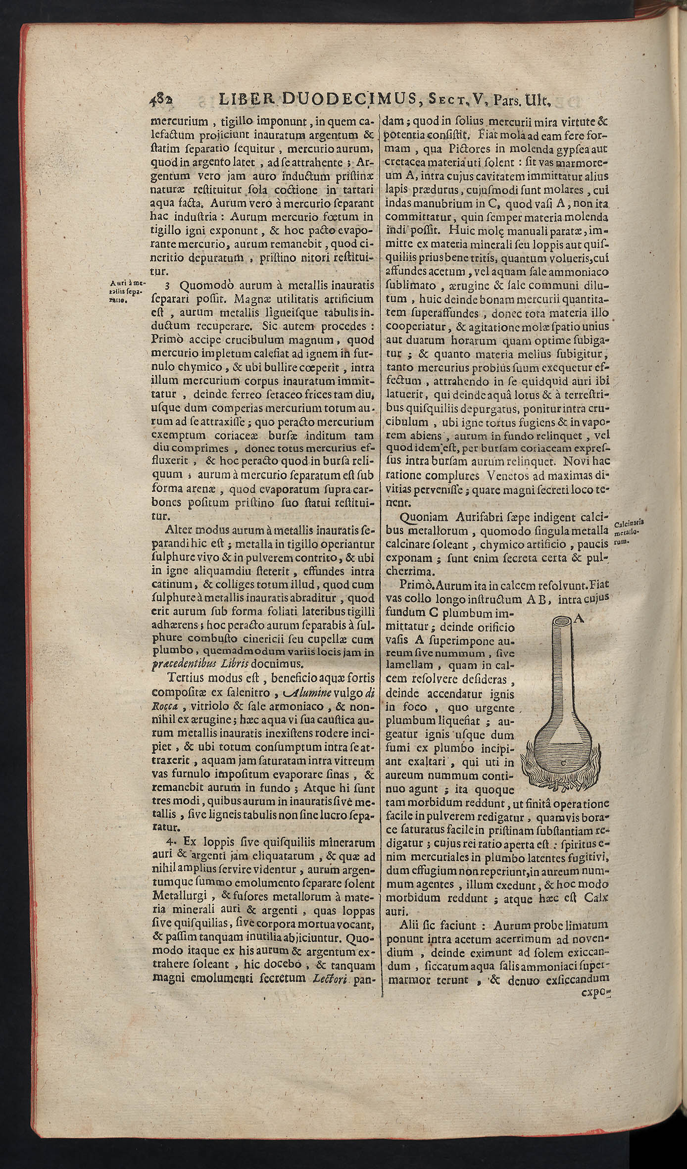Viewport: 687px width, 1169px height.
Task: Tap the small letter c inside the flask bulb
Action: coord(564,763)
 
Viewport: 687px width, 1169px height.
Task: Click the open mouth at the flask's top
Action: coord(563,620)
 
